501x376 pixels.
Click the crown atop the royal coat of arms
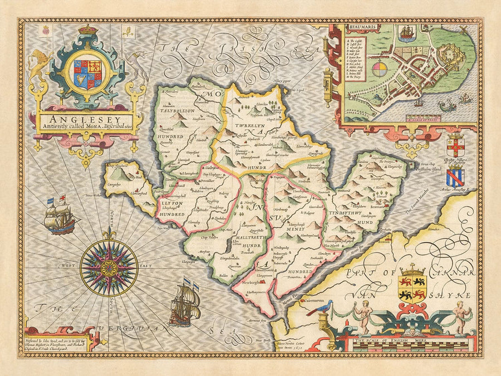point(87,29)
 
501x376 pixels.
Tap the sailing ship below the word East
point(185,304)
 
